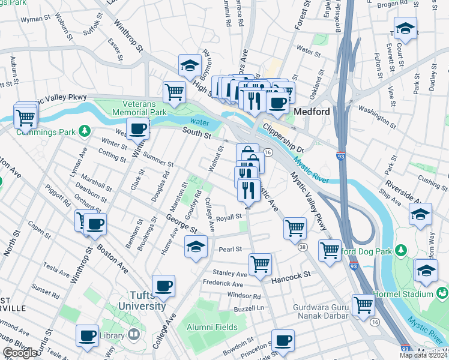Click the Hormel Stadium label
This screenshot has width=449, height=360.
(x=410, y=294)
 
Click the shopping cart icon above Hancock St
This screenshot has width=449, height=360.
(x=260, y=263)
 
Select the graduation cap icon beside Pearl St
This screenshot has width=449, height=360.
(x=195, y=246)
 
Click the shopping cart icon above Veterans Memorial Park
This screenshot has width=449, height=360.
(x=174, y=92)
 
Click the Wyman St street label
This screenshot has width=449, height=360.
(x=34, y=19)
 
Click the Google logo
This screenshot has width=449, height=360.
(x=19, y=353)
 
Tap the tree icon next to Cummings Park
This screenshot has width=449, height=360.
(x=85, y=130)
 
